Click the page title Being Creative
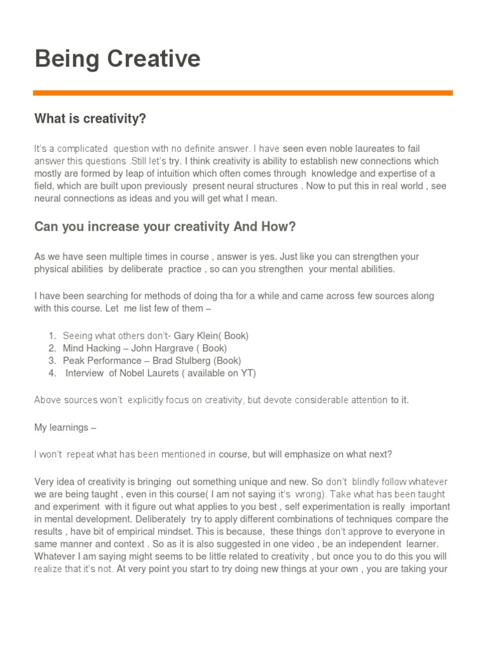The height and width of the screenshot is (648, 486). click(117, 59)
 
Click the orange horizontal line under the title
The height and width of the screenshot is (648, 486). click(243, 93)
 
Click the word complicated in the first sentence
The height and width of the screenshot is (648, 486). click(82, 149)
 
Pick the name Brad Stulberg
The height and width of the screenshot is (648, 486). click(183, 361)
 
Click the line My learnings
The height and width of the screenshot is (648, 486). click(65, 427)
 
